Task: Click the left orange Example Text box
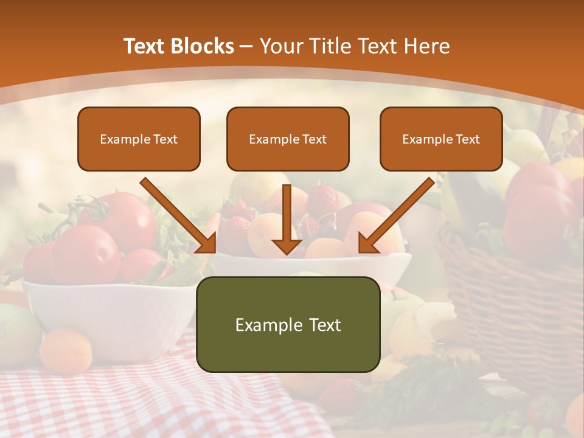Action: coord(139,139)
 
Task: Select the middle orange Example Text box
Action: coord(288,139)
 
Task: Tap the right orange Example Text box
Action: coord(441,139)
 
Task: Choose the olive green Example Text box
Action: coord(288,324)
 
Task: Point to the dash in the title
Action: coord(246,46)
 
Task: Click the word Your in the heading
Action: coord(281,46)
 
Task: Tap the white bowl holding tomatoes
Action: coord(109,310)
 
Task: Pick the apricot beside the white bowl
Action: coord(66,351)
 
